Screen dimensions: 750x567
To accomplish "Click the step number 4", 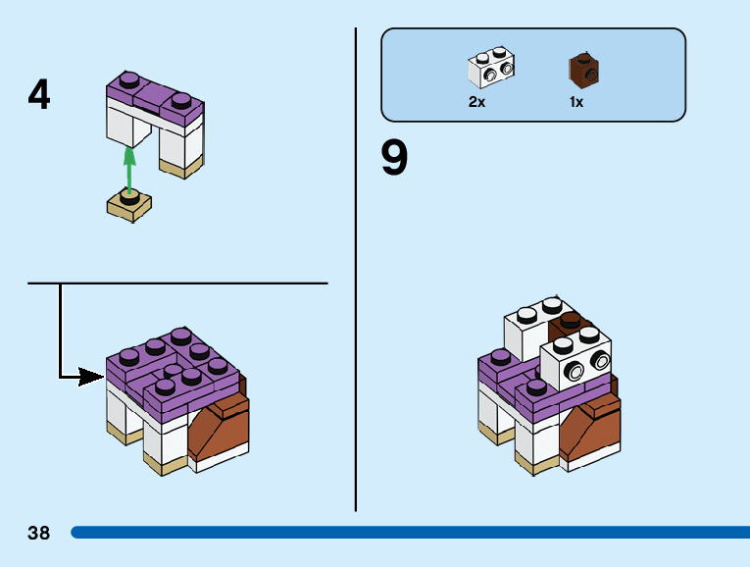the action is (x=39, y=95).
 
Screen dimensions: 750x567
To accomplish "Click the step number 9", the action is (x=394, y=158).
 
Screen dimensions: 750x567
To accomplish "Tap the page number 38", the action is (x=39, y=534).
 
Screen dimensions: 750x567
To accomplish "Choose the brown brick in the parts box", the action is (x=584, y=70).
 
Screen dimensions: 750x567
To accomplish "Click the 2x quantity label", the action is (x=477, y=102).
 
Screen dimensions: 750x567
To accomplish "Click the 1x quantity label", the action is (x=576, y=102).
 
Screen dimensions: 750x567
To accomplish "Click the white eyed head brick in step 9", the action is (x=576, y=362).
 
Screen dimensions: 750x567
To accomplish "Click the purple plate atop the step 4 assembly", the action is (x=155, y=99).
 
